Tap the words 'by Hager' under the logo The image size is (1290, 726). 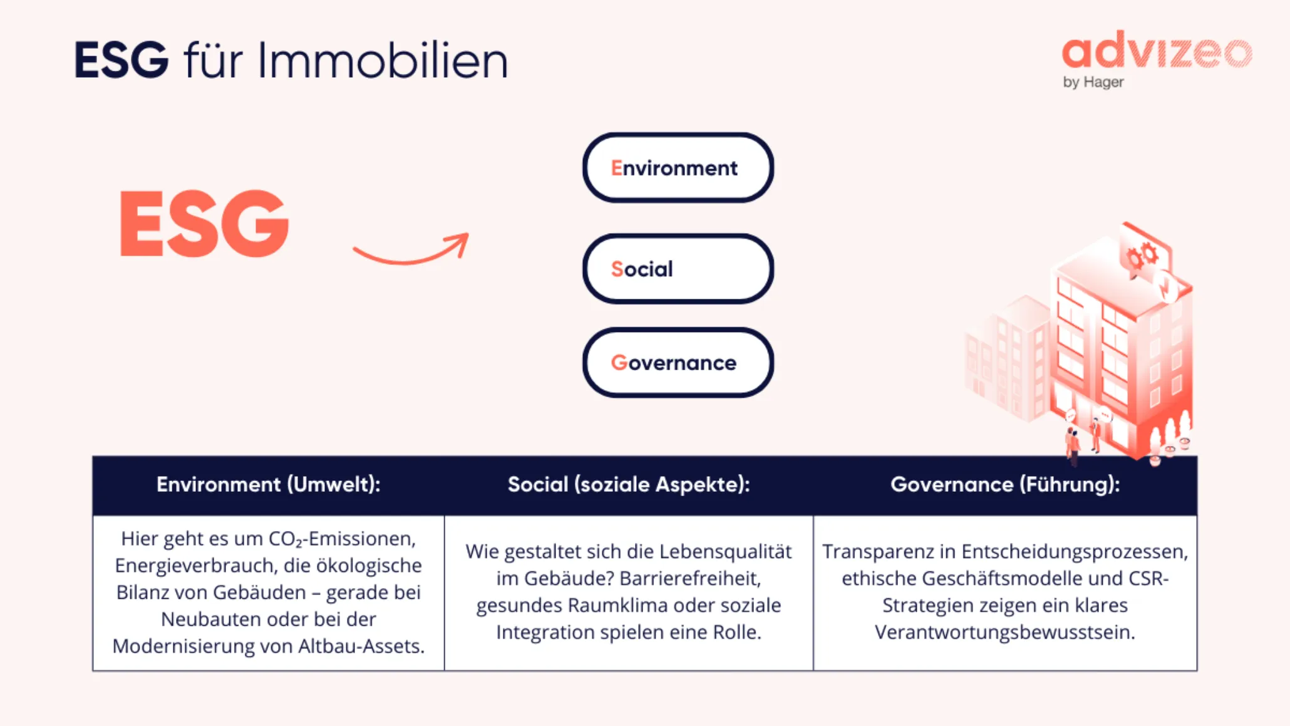tap(1093, 82)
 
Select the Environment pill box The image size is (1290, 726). tap(678, 168)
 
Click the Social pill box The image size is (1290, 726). tap(678, 269)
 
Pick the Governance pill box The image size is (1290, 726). tap(678, 363)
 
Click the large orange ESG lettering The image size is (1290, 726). tap(204, 224)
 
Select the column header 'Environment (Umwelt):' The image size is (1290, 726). tap(268, 484)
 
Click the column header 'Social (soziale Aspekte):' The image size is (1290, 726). tap(628, 484)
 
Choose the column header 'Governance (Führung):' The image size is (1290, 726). tap(1004, 484)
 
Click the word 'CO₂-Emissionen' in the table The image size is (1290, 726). tap(341, 539)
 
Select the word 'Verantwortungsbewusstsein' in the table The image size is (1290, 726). tap(1004, 632)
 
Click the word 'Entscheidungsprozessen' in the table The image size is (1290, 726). tap(1074, 551)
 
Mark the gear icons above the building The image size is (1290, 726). tap(1142, 256)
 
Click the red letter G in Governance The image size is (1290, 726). tap(619, 363)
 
